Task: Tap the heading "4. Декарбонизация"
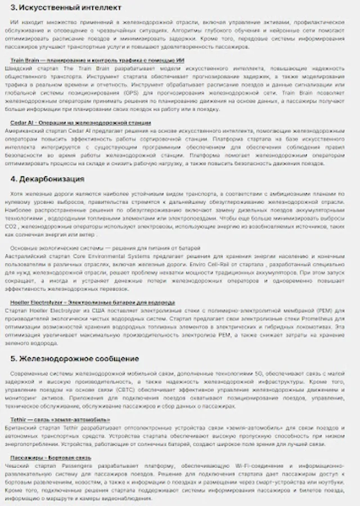click(47, 179)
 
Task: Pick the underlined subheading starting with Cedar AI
click(81, 122)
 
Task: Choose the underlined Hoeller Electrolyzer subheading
click(93, 302)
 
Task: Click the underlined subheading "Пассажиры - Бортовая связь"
click(51, 458)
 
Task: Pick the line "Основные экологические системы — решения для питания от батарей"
click(105, 247)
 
